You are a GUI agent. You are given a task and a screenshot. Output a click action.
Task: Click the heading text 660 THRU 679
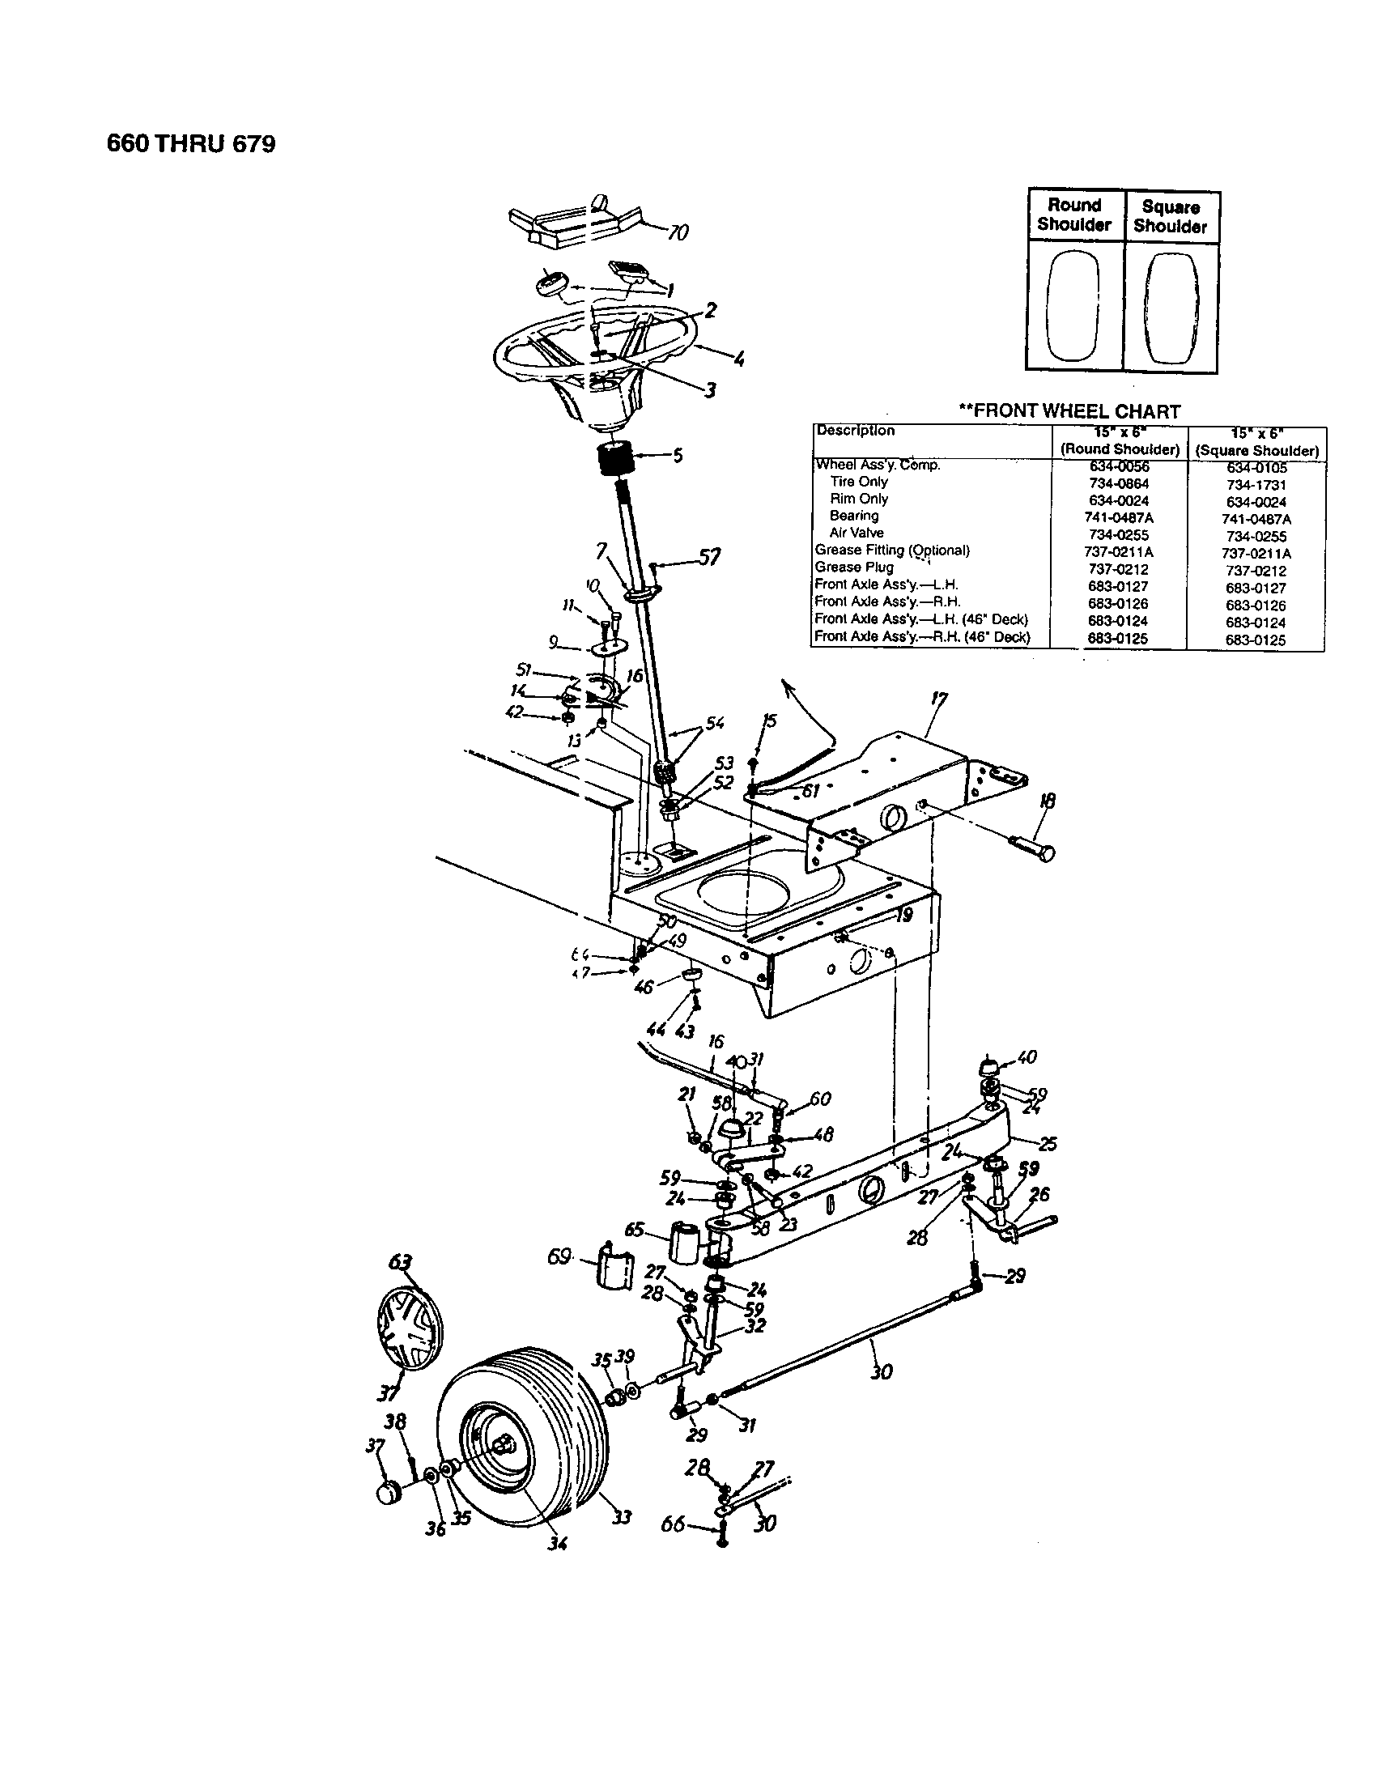click(x=192, y=144)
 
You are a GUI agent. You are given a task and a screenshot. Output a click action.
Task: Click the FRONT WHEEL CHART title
click(x=1069, y=412)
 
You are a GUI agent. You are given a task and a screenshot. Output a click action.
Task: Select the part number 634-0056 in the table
click(x=1119, y=466)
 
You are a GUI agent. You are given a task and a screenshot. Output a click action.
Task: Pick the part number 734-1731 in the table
click(x=1256, y=484)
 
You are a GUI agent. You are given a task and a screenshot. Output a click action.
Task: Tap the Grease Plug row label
click(x=853, y=567)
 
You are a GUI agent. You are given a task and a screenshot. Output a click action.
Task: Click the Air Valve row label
click(x=856, y=533)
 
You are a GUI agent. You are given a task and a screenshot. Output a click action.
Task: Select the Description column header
click(x=854, y=431)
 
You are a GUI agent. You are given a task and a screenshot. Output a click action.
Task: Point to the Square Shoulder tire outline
click(x=1171, y=308)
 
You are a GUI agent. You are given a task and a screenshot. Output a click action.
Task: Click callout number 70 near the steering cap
click(x=677, y=233)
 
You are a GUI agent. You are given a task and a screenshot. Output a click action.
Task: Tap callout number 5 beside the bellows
click(x=677, y=456)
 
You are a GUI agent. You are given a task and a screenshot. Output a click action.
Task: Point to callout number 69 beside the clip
click(x=559, y=1256)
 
